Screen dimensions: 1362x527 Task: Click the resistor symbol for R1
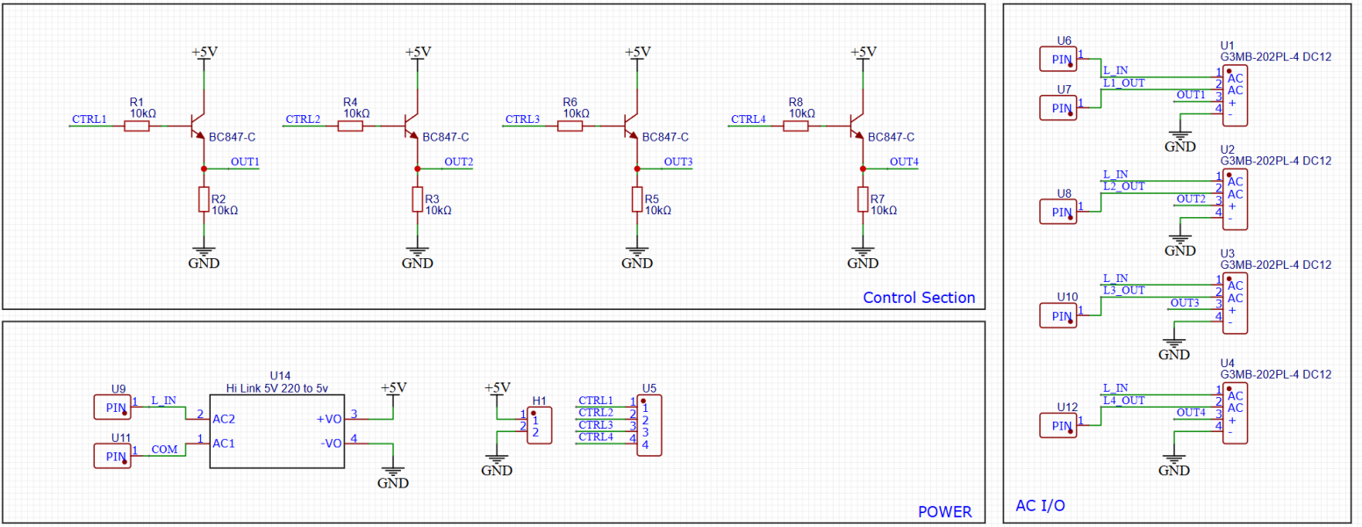(x=137, y=126)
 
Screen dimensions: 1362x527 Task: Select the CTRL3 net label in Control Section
(x=522, y=119)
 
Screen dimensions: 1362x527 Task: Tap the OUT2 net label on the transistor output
(x=458, y=162)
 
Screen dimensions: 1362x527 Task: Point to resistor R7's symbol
(x=863, y=199)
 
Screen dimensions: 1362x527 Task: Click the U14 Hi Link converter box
(x=277, y=431)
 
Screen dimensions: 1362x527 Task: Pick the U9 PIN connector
(x=112, y=408)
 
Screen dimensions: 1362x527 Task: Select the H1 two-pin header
(x=540, y=425)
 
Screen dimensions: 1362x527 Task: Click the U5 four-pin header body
(x=649, y=425)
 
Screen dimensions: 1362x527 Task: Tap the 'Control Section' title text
(x=919, y=298)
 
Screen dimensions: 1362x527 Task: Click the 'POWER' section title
(x=945, y=512)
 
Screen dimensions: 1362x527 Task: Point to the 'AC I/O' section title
(x=1040, y=506)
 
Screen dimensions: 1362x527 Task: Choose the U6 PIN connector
(x=1058, y=59)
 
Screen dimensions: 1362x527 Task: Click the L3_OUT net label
(x=1124, y=290)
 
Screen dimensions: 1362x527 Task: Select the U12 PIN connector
(x=1058, y=425)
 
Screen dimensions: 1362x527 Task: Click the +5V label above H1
(x=498, y=387)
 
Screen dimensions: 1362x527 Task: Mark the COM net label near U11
(x=164, y=450)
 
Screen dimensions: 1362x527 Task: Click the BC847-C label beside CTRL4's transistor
(x=891, y=138)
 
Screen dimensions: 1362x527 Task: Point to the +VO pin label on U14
(x=329, y=419)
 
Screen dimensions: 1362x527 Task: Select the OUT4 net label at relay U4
(x=1191, y=413)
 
